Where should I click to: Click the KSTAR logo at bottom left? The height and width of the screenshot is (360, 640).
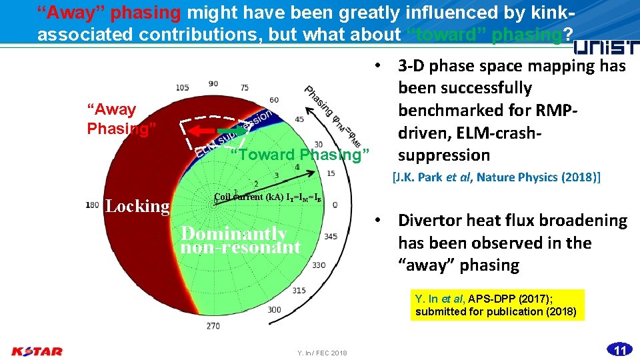pos(37,351)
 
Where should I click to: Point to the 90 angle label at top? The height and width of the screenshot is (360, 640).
pos(213,83)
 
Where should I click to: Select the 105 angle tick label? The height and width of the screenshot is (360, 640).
pos(183,87)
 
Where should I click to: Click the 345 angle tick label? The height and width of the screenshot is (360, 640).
pos(331,237)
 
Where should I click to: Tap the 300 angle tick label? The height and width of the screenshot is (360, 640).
pos(273,309)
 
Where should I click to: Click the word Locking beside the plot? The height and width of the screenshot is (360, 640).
pos(137,206)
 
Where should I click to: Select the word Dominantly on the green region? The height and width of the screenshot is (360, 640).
pos(233,233)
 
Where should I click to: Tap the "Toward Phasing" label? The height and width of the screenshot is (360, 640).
pos(300,155)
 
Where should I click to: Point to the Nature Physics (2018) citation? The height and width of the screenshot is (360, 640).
pos(496,177)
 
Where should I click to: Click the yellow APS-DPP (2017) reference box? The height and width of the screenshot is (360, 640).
pos(497,305)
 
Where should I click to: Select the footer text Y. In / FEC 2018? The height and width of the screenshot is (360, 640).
pos(323,353)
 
